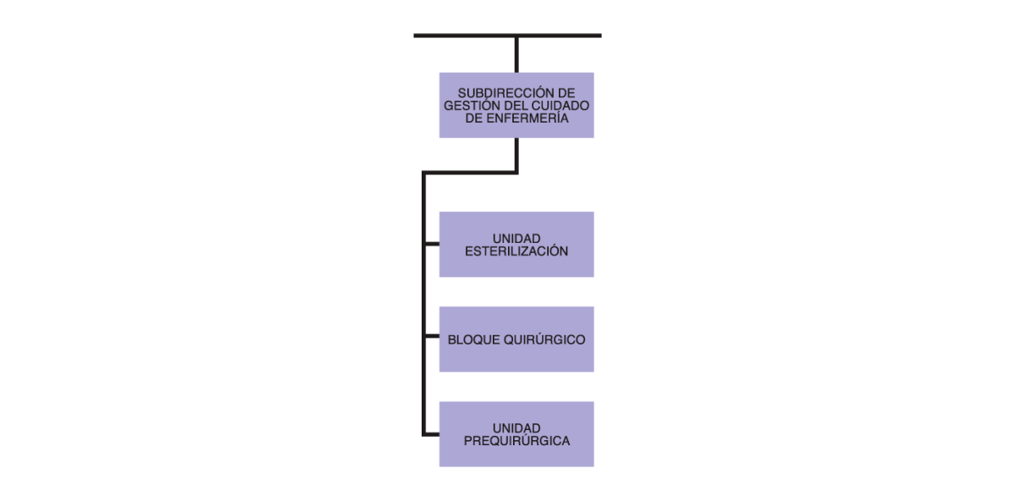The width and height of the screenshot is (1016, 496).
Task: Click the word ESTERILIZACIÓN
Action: (516, 251)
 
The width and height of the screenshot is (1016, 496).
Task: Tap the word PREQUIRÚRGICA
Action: (516, 441)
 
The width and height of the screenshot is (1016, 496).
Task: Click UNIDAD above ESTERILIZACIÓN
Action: (516, 239)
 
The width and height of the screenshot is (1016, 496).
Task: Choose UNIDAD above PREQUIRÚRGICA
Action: (516, 428)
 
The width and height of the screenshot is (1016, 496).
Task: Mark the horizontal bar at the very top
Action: (507, 36)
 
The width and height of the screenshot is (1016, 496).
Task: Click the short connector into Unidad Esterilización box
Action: (433, 244)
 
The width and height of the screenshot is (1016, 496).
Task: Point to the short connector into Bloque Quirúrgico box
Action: (433, 336)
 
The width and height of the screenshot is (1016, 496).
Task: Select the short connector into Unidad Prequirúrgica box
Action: (433, 434)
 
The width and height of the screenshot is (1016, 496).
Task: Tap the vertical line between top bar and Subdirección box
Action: (516, 55)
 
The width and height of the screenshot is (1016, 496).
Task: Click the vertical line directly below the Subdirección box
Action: (516, 155)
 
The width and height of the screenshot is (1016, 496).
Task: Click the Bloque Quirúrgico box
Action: (516, 339)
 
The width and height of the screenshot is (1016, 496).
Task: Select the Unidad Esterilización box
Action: (516, 245)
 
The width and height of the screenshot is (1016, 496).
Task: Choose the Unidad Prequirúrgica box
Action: (516, 434)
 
